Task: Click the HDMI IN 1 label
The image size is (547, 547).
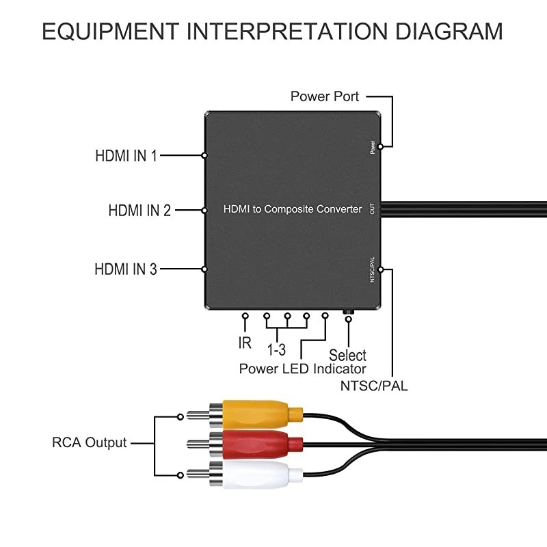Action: (126, 156)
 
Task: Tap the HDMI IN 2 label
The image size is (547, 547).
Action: (139, 211)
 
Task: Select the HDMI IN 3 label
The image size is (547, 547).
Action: (126, 269)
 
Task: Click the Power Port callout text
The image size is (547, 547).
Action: (325, 96)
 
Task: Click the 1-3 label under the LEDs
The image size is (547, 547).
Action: (276, 351)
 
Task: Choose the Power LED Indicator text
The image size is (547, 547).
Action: (303, 369)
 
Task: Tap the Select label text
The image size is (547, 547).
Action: (347, 356)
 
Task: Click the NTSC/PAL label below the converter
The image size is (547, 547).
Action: (374, 386)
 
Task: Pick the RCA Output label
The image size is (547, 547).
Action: (90, 442)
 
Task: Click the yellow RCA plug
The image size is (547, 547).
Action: (260, 412)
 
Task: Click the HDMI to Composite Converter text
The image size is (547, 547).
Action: (293, 209)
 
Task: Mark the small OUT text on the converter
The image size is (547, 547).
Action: (372, 209)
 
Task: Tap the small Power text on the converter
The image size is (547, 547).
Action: (373, 146)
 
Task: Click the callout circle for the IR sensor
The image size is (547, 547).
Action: (245, 317)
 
